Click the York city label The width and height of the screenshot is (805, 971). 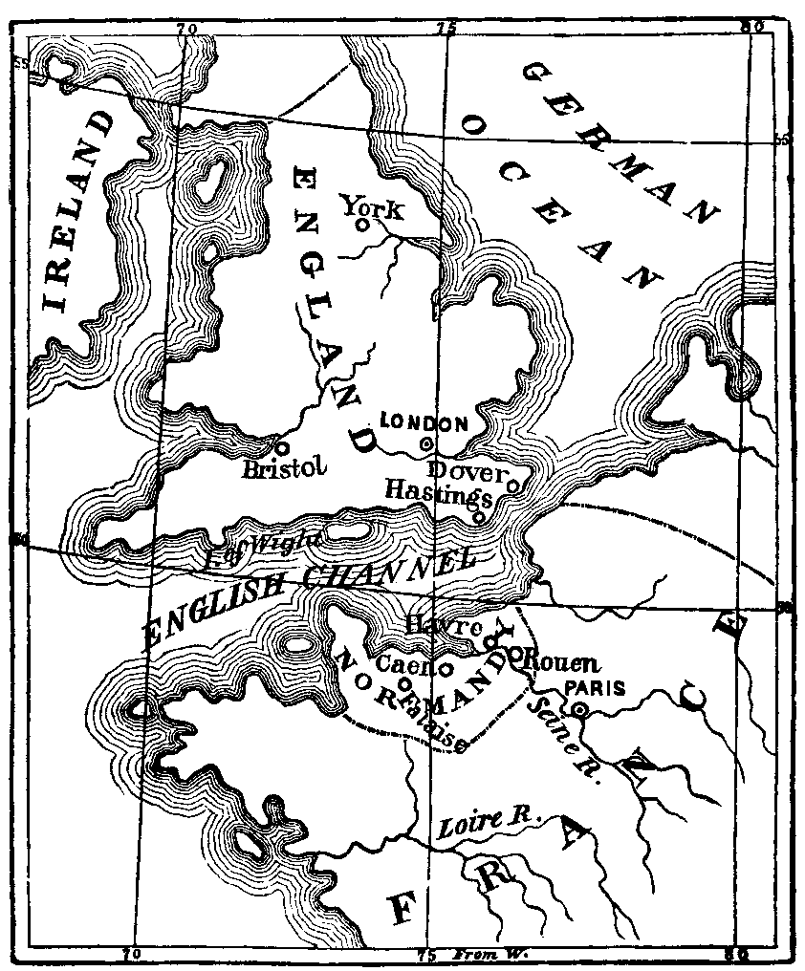point(373,206)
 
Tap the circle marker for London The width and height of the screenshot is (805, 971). point(426,443)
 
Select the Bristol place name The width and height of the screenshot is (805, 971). point(285,468)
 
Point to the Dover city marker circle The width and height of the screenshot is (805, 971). point(511,485)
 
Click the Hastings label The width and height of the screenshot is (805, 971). point(438,491)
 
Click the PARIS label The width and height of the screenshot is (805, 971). point(595,688)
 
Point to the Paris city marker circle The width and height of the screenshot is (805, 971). point(579,709)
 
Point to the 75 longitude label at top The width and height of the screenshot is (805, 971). point(446,28)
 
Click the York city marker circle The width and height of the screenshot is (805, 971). point(362,226)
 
